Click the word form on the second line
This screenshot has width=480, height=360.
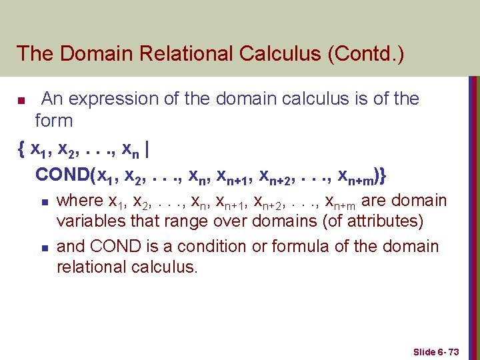coord(54,121)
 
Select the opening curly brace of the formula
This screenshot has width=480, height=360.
coord(22,149)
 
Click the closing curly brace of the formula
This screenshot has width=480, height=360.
coord(382,175)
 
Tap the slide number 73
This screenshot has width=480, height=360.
coord(454,351)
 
